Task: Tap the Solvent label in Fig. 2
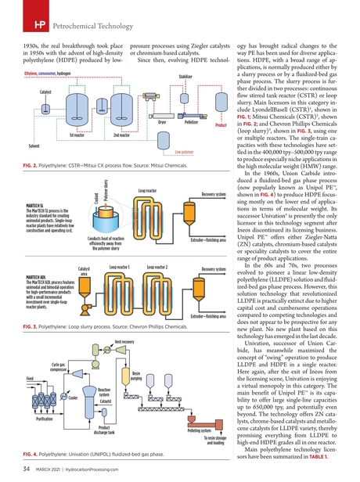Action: pos(34,147)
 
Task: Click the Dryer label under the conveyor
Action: pos(162,122)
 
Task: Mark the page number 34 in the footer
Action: pos(27,468)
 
